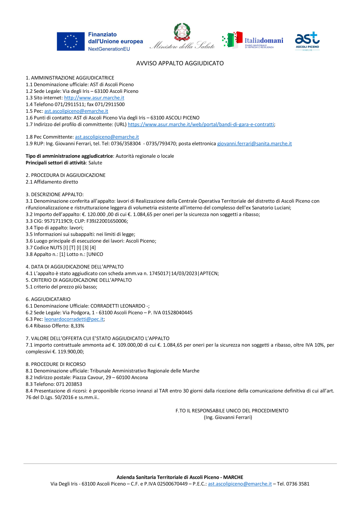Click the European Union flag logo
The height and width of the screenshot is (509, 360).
click(71, 41)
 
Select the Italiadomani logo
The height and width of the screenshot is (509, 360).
click(253, 40)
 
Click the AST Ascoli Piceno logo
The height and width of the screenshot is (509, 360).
click(307, 41)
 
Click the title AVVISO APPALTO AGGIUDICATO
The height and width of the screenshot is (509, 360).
click(180, 63)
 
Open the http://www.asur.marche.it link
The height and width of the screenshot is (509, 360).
click(94, 98)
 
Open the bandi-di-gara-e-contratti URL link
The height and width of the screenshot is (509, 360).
click(201, 125)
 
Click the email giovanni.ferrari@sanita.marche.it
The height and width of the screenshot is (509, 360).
click(254, 144)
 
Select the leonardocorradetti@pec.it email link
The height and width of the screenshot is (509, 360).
click(74, 319)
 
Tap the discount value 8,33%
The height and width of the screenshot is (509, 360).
click(77, 326)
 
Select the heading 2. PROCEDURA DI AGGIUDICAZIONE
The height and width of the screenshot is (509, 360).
click(66, 175)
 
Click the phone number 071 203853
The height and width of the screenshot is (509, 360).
click(69, 384)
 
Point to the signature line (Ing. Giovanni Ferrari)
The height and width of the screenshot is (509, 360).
click(228, 418)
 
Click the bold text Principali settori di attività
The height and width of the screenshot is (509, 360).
click(56, 163)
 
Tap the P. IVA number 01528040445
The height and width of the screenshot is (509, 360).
click(177, 313)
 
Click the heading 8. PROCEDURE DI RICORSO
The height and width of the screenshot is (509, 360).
click(55, 364)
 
